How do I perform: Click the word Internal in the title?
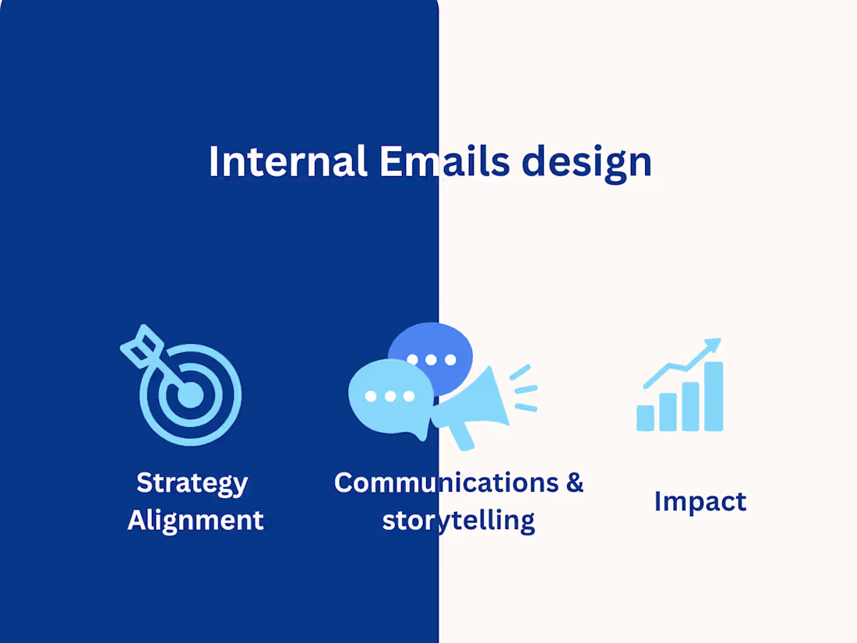pos(287,161)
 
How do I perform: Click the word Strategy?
pos(192,484)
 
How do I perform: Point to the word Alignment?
pos(196,520)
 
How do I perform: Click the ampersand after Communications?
pos(574,482)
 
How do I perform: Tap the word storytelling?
pos(458,520)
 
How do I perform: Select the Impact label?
pos(700,501)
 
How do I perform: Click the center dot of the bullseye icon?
pos(189,395)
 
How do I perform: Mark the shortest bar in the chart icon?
pos(645,418)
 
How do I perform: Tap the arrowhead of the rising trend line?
pos(712,346)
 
